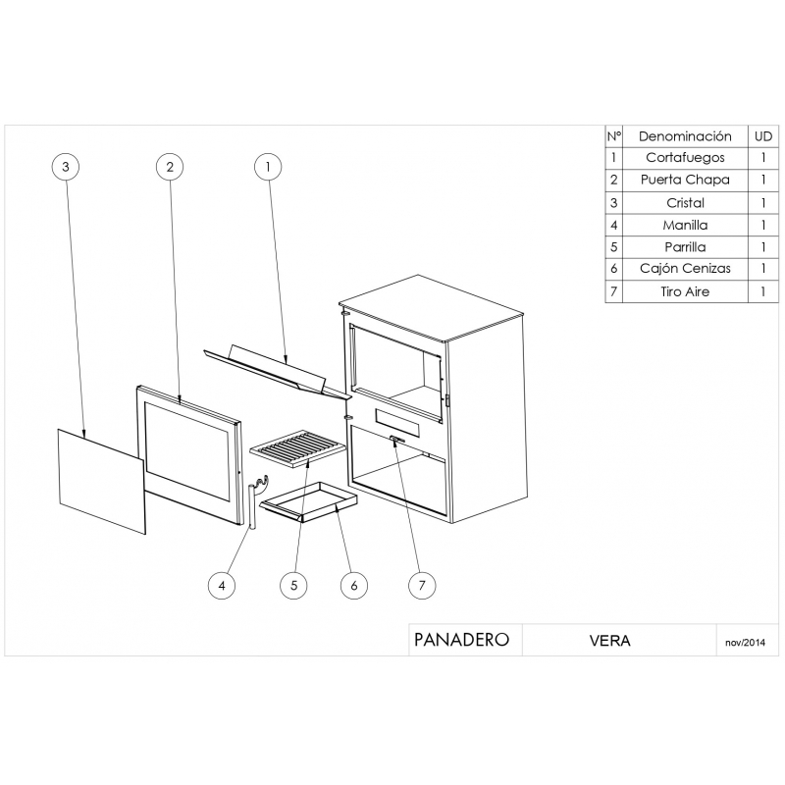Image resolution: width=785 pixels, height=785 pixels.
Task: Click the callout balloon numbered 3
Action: (65, 167)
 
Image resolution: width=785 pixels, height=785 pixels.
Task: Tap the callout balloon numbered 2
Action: (171, 167)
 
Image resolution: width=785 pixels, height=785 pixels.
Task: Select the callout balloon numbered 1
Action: (267, 167)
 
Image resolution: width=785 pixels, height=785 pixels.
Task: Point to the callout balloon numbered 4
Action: (222, 586)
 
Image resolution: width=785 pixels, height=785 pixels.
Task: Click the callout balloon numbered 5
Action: (292, 586)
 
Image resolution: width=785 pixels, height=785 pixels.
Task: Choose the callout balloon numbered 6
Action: (353, 586)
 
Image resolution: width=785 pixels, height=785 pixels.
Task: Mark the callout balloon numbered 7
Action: (422, 586)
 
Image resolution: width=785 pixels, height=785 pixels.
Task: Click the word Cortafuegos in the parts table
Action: (685, 158)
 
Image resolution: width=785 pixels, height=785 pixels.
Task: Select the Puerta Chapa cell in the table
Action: (685, 181)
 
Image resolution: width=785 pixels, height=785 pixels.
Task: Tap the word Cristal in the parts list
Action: (685, 203)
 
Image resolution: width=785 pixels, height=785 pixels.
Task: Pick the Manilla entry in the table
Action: (685, 225)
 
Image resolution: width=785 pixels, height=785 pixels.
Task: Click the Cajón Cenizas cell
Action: (685, 270)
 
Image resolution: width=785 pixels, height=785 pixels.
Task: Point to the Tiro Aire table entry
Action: (685, 292)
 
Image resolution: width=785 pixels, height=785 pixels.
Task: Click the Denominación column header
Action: (685, 136)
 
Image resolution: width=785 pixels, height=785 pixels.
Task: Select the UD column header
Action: (762, 136)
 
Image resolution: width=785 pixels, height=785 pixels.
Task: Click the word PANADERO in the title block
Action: (461, 640)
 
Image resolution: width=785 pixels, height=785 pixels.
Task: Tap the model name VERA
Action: (609, 641)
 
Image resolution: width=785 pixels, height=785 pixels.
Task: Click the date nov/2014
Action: (745, 643)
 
